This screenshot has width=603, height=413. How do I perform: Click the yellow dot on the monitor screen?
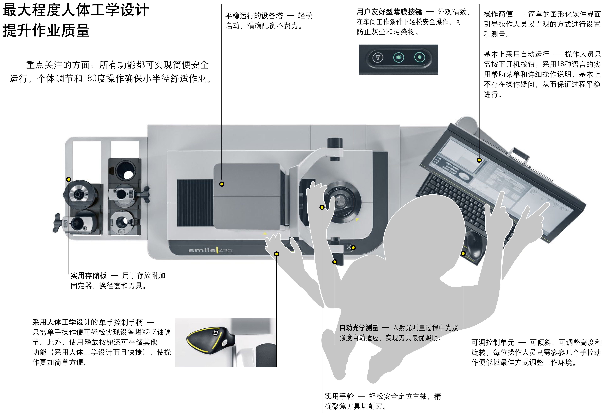479,160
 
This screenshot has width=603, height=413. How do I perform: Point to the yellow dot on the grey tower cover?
222,184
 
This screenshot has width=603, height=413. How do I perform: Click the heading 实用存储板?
88,276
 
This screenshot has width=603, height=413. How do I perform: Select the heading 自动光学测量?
359,328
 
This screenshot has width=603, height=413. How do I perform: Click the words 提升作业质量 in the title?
46,30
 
